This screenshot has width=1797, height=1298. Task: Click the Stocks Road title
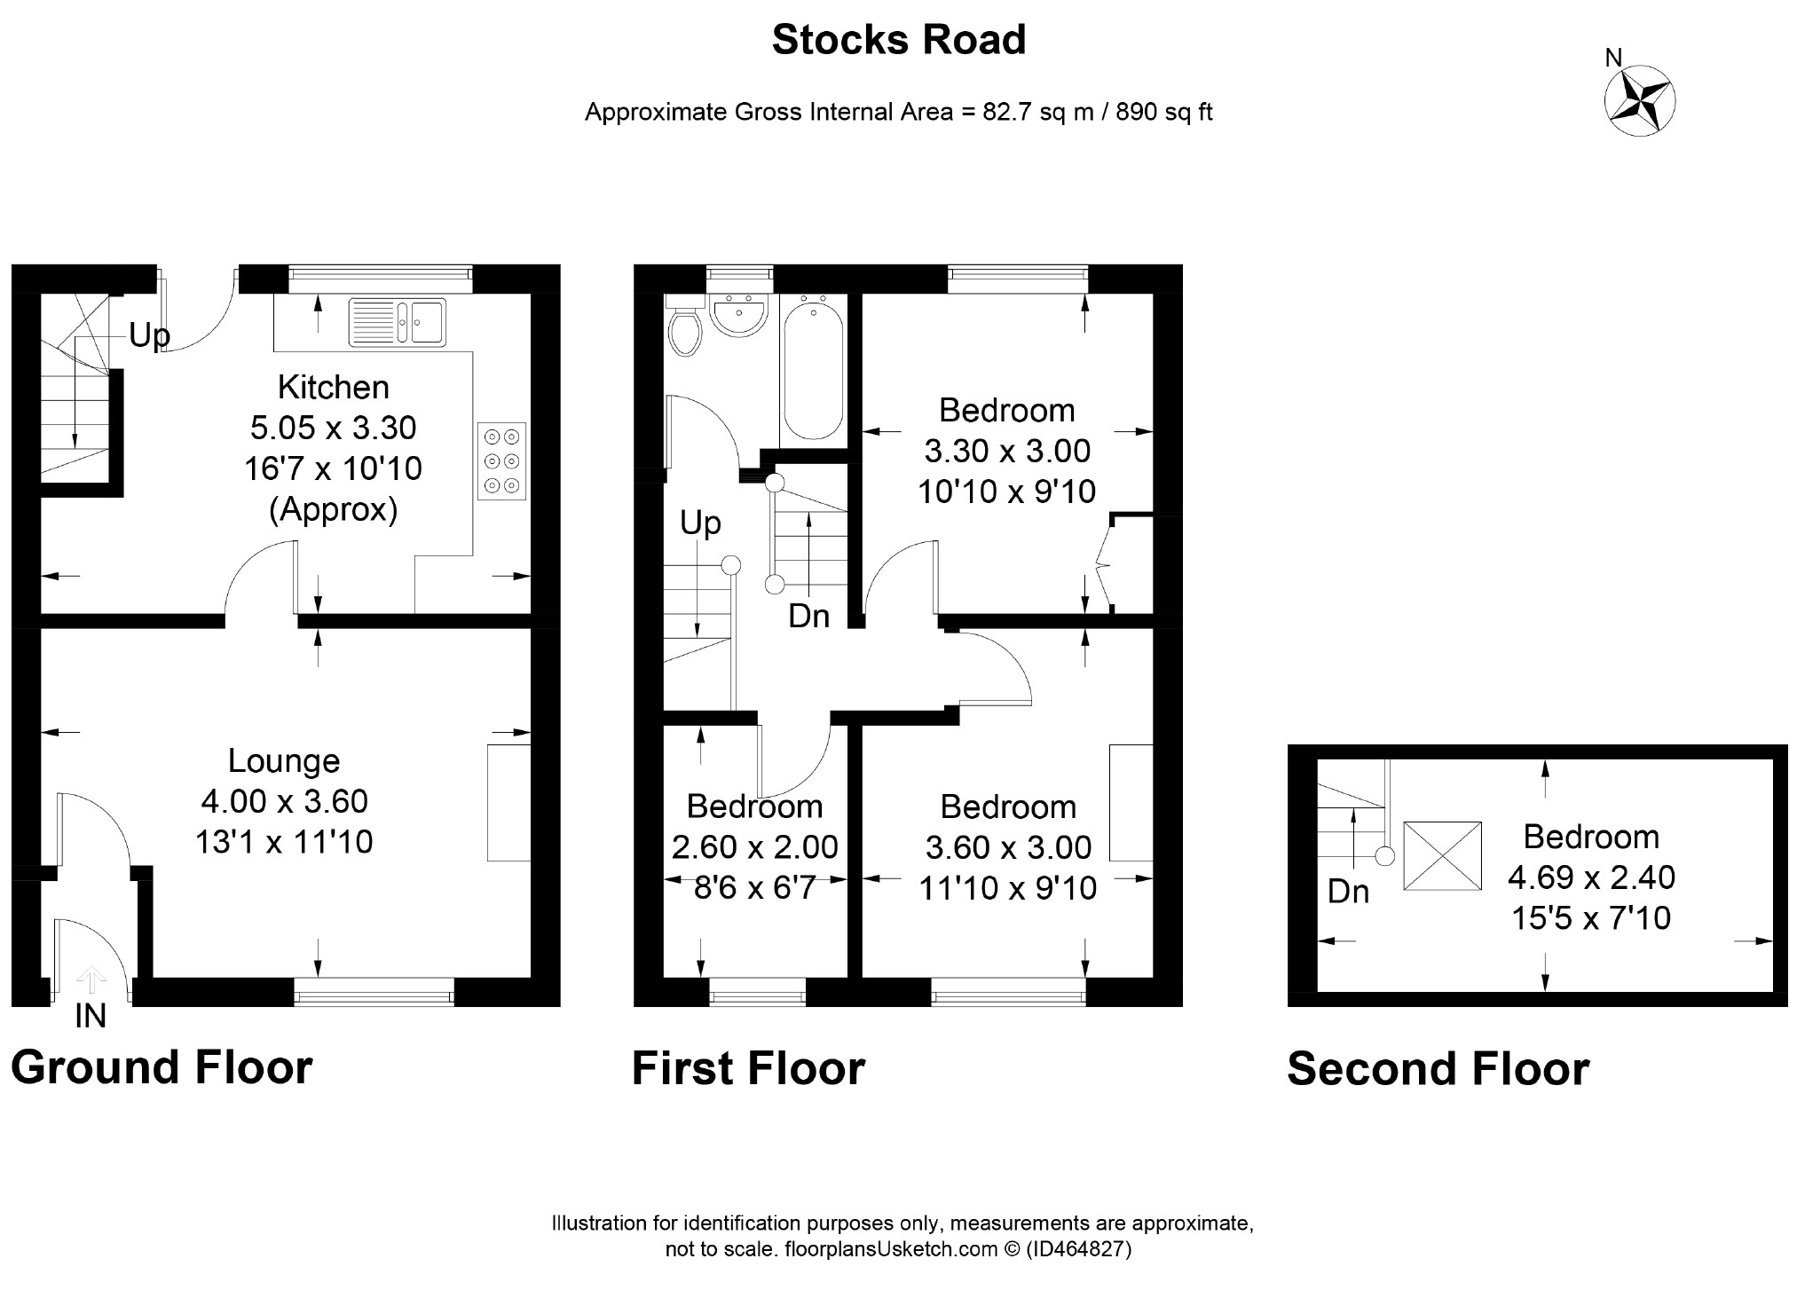(898, 40)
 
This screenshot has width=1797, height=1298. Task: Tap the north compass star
(1640, 100)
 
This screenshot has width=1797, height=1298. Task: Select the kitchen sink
(398, 321)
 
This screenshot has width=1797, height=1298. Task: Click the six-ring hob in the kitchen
(501, 461)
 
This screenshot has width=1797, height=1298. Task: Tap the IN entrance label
(91, 1016)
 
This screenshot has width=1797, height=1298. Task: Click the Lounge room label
(284, 760)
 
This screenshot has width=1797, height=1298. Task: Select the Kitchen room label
(334, 387)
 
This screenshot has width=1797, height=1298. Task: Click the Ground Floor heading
(162, 1066)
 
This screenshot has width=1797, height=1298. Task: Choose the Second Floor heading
(1438, 1068)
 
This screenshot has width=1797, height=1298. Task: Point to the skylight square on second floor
(1442, 855)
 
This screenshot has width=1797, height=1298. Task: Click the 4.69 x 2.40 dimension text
(1592, 877)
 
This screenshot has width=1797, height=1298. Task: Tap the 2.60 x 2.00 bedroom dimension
(755, 847)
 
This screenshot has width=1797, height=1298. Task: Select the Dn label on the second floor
(1348, 892)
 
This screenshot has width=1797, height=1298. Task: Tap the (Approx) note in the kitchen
(334, 509)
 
